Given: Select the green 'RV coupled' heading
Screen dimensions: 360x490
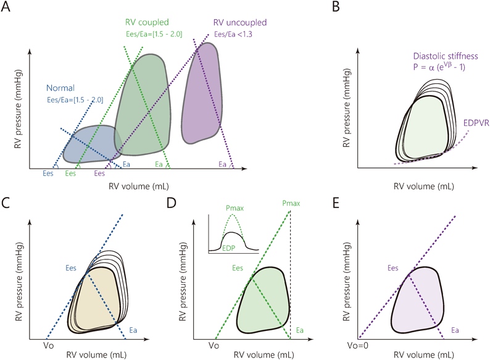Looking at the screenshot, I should [x=146, y=23].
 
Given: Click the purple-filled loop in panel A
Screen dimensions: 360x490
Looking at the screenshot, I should [x=204, y=93].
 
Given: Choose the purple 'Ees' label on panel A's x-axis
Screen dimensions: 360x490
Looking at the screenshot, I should [x=99, y=175].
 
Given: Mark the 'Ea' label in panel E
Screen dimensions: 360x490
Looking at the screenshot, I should [x=454, y=332].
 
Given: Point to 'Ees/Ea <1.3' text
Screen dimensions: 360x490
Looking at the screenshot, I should [x=233, y=35].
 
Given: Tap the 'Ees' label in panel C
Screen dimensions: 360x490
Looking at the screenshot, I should [x=72, y=268].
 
